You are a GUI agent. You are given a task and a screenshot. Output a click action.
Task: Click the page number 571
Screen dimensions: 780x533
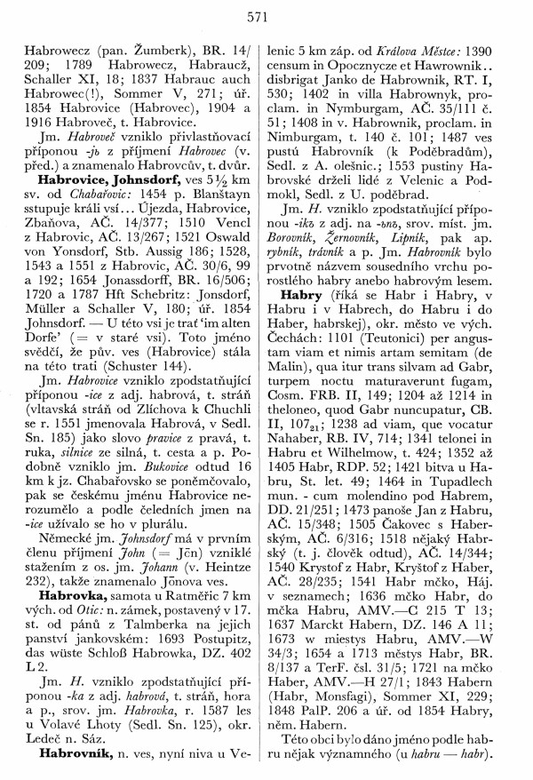pos(266,16)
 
